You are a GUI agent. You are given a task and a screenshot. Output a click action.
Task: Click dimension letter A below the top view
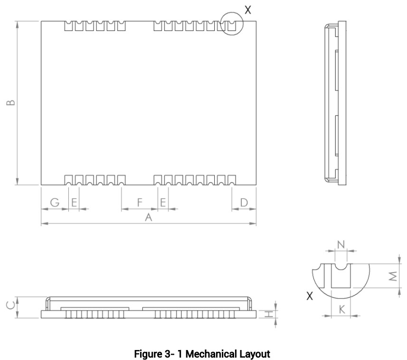[149, 217]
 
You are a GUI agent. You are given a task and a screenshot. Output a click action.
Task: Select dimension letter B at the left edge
[10, 103]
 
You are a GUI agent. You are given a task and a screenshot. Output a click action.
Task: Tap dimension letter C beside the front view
[10, 306]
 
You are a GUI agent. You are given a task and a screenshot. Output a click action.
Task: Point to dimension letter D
[244, 202]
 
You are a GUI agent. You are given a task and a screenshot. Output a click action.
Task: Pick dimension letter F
[140, 202]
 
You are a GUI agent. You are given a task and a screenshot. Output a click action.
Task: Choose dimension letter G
[55, 202]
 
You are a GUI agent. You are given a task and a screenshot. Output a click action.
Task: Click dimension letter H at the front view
[269, 314]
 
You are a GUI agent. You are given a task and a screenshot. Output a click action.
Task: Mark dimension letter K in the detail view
[342, 309]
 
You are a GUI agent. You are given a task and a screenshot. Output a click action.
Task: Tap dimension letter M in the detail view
[393, 276]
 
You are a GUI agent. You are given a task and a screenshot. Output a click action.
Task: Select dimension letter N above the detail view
[341, 245]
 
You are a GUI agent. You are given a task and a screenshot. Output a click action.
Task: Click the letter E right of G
[74, 202]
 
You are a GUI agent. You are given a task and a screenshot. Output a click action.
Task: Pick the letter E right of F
[163, 202]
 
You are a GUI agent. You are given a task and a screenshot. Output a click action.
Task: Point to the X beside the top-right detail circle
[248, 10]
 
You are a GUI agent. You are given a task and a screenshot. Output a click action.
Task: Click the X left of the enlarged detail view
[310, 295]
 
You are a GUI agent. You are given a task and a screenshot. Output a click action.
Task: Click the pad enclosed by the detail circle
[232, 26]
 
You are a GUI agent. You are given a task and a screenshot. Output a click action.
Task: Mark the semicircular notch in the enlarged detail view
[341, 268]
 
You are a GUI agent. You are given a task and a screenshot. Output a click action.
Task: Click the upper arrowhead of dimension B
[17, 25]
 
